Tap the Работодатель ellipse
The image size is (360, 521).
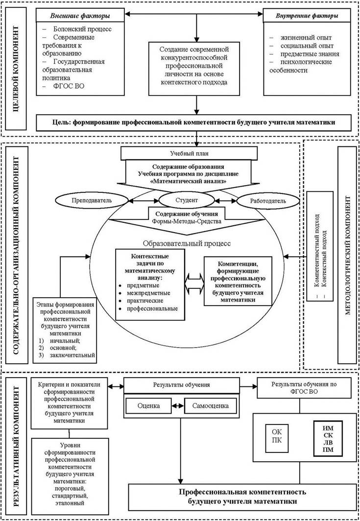[267, 200]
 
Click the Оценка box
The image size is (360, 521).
[150, 406]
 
